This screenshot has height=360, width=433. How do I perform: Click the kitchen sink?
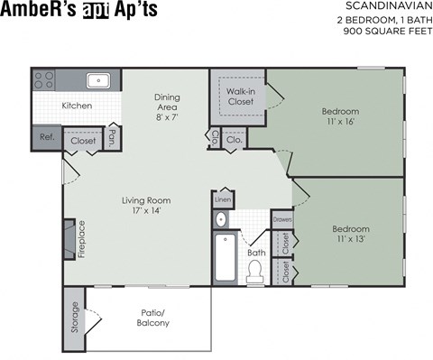tap(99, 80)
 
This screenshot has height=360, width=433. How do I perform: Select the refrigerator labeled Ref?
tap(46, 137)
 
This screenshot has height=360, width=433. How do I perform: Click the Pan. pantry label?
tap(112, 138)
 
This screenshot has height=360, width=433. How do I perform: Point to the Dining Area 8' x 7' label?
tap(167, 106)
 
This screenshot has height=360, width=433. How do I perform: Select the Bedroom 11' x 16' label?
tap(340, 117)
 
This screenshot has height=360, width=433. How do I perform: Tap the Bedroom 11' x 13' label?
tap(350, 235)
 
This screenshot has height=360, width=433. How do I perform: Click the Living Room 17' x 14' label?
tap(147, 206)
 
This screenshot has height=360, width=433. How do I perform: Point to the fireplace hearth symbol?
tap(68, 239)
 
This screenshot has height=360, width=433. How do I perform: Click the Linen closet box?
tap(222, 198)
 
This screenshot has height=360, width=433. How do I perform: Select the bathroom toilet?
tap(255, 270)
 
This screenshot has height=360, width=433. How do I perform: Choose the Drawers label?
tap(282, 219)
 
